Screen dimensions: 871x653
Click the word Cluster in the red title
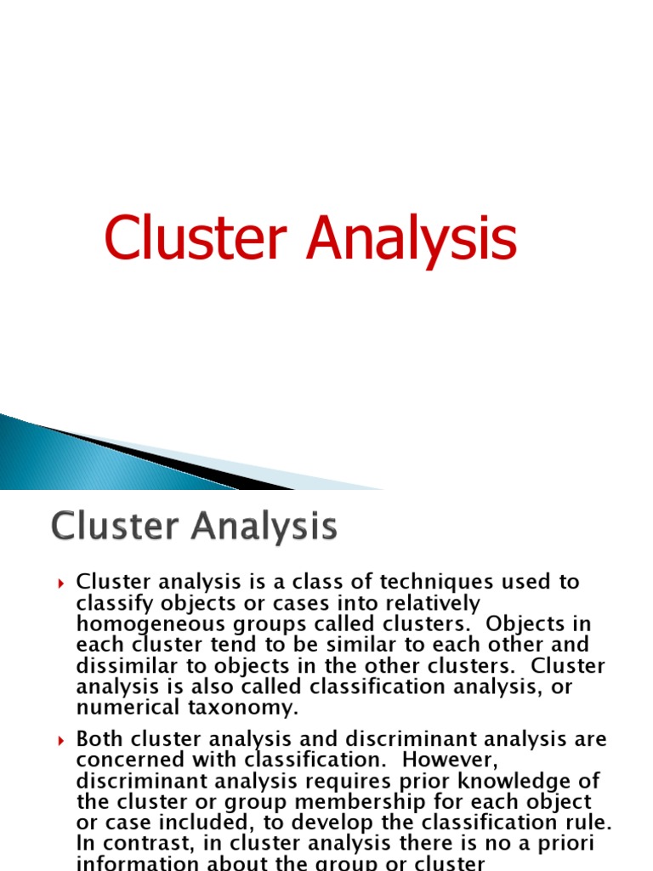(x=198, y=239)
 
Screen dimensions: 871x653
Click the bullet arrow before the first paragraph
(x=61, y=584)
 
